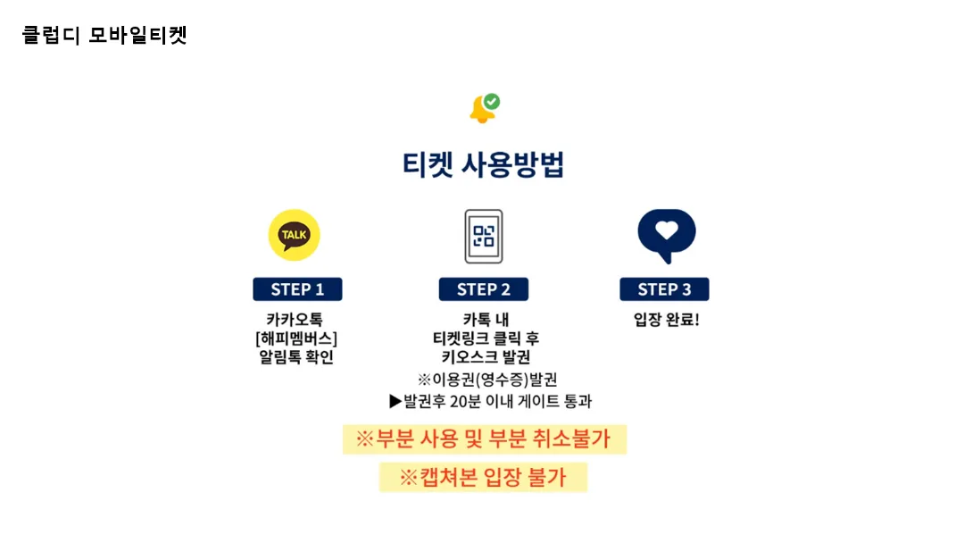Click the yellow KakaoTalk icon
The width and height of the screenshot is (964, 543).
(x=294, y=235)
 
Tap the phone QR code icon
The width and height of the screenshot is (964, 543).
(x=483, y=236)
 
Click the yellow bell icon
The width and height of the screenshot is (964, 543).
(x=481, y=111)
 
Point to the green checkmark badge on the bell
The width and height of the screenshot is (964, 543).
(x=491, y=101)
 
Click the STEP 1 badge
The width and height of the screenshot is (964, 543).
(x=297, y=289)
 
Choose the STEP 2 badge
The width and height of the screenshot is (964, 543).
(x=483, y=289)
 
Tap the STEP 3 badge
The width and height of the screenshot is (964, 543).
(x=664, y=289)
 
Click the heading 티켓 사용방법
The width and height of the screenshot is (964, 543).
(x=483, y=165)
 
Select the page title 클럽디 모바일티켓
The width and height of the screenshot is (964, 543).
(x=104, y=35)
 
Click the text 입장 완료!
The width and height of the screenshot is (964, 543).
(x=667, y=320)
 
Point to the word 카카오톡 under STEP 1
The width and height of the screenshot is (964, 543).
(x=295, y=320)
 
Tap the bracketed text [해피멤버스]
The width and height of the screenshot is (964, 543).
(x=296, y=338)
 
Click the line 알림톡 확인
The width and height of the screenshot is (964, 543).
(x=296, y=357)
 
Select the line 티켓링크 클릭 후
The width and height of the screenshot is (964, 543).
(x=486, y=338)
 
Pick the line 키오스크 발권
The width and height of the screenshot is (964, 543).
(x=486, y=357)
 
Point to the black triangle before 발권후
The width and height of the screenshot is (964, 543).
(x=395, y=402)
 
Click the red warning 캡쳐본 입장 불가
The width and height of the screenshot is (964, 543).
(x=483, y=477)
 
